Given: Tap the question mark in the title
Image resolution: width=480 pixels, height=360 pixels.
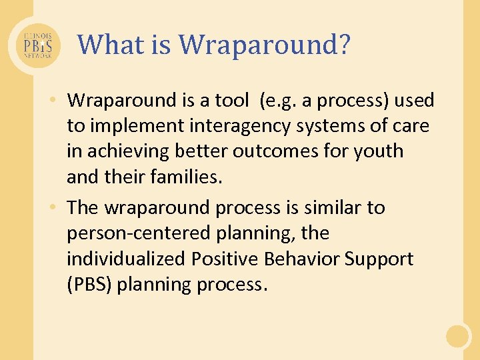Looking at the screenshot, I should pyautogui.click(x=343, y=45).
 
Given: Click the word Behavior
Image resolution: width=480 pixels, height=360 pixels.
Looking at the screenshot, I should pyautogui.click(x=300, y=259).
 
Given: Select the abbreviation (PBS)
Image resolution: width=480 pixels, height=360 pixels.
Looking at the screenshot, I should pyautogui.click(x=91, y=284).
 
